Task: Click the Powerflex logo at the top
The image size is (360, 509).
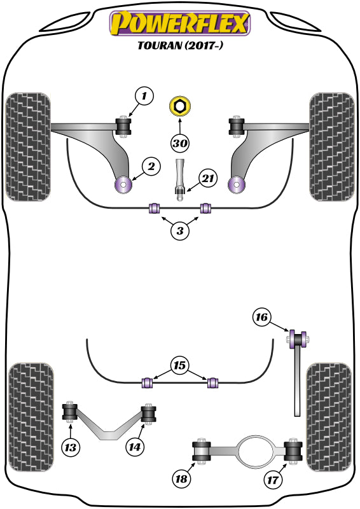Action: tap(180, 24)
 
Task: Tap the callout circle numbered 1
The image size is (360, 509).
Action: tap(144, 97)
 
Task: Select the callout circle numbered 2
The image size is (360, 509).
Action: tap(151, 167)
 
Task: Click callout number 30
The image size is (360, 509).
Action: tap(180, 143)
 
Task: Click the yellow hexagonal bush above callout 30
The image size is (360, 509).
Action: tap(180, 106)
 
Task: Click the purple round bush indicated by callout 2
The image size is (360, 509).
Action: tap(121, 185)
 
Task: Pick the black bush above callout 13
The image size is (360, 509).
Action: tap(71, 412)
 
